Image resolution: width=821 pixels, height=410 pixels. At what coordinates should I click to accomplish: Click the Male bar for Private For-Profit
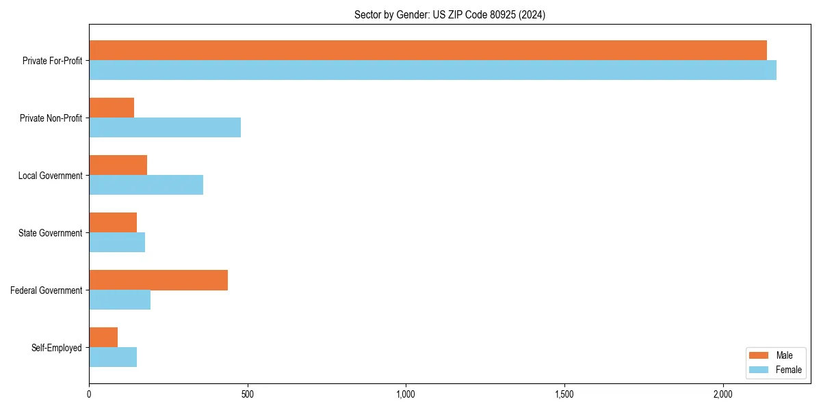click(428, 51)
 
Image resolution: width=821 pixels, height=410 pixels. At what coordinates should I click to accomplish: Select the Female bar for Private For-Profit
click(432, 70)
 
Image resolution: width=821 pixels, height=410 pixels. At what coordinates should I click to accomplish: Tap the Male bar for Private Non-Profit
click(112, 108)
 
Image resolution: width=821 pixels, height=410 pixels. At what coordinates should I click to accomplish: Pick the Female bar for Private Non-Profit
click(165, 128)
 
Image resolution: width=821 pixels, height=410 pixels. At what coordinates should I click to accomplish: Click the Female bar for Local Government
click(146, 185)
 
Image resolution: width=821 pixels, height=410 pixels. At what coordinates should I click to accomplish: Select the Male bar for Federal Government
click(158, 280)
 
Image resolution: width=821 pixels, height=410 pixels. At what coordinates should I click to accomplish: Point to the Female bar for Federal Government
click(120, 300)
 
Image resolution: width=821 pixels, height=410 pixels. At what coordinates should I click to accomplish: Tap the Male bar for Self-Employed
click(103, 338)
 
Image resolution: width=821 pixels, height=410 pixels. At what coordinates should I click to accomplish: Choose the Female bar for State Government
click(117, 243)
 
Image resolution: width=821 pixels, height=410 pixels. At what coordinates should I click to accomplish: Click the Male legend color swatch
click(759, 355)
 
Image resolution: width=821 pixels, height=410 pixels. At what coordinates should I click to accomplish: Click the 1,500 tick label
click(564, 394)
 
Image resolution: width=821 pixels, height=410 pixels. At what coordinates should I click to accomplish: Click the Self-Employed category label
click(56, 348)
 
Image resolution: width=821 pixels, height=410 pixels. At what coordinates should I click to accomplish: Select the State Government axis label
click(50, 233)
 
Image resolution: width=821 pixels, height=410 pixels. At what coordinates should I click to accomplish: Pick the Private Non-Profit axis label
click(51, 118)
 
